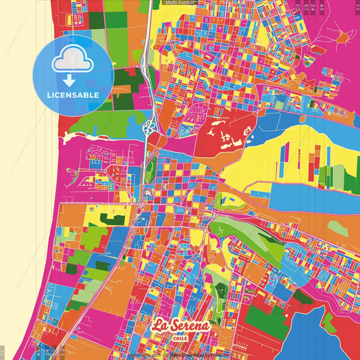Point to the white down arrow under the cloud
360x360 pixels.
pyautogui.click(x=70, y=76)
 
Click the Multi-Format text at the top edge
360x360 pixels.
pyautogui.click(x=176, y=3)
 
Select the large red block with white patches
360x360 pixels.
pyautogui.click(x=223, y=135)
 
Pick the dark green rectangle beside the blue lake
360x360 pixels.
pyautogui.click(x=266, y=322)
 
